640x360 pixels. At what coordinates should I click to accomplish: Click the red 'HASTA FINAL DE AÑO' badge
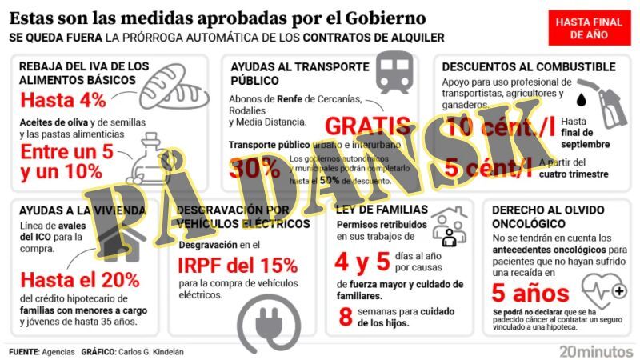point(588,30)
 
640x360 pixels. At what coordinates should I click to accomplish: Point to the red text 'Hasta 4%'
point(63,101)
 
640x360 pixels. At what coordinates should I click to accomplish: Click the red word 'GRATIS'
point(369,126)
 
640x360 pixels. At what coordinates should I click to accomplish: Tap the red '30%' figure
point(254,168)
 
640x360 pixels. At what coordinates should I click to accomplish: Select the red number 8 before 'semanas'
point(346,317)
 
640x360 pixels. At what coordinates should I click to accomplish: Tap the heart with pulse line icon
point(604,288)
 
